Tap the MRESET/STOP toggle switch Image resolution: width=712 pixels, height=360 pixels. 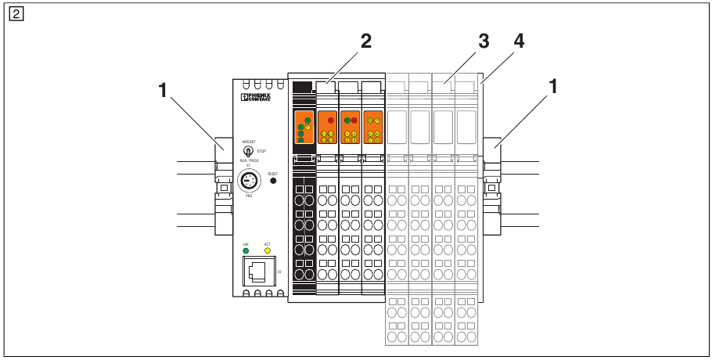[248, 149]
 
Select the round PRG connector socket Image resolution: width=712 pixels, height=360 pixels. [249, 182]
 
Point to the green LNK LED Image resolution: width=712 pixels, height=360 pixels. [246, 251]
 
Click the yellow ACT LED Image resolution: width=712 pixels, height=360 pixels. [267, 251]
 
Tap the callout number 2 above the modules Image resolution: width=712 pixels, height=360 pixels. [365, 42]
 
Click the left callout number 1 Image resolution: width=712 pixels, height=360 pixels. [163, 91]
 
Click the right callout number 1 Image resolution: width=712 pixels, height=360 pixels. [553, 88]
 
